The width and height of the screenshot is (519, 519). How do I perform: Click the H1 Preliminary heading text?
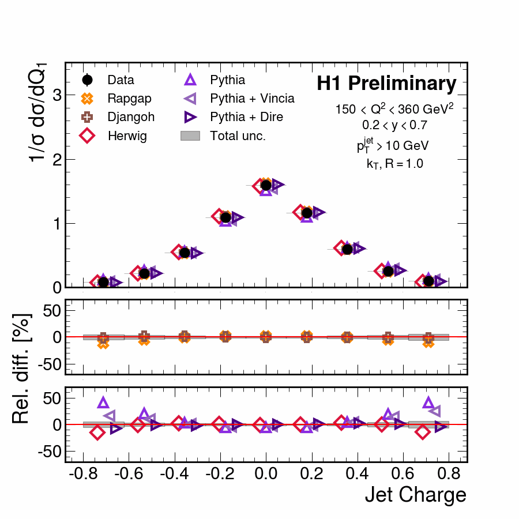[x=386, y=84]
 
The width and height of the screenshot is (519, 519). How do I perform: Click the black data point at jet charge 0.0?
[x=266, y=185]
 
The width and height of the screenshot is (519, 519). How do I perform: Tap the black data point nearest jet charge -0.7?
[x=103, y=282]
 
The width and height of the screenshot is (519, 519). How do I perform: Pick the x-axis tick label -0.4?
[x=184, y=475]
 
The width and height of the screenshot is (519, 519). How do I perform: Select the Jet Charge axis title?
[x=415, y=495]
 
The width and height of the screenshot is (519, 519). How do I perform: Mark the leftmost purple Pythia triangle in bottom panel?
[x=103, y=403]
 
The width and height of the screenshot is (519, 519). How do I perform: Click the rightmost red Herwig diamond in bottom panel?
[x=423, y=432]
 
